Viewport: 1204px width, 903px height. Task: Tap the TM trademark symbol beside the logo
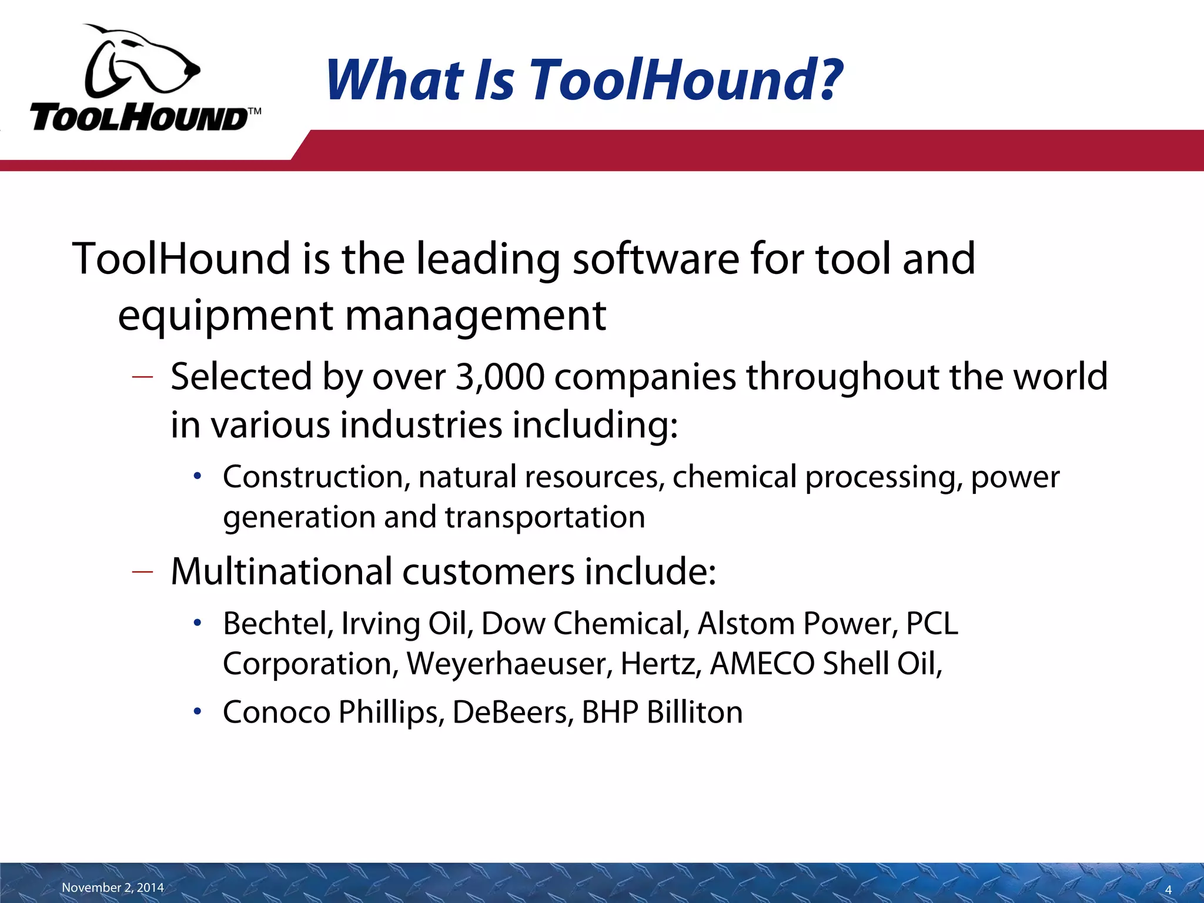click(254, 112)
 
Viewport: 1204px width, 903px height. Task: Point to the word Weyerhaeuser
click(509, 664)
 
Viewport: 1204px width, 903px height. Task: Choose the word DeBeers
click(513, 712)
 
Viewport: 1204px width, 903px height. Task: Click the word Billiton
click(694, 712)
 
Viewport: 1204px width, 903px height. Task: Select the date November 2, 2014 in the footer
click(113, 887)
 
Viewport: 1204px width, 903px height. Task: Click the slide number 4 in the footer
click(1168, 890)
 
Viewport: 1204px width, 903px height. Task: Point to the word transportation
click(544, 517)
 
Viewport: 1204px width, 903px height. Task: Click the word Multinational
click(282, 571)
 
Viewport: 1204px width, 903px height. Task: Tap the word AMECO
click(762, 664)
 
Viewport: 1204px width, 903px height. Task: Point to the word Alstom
click(746, 623)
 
